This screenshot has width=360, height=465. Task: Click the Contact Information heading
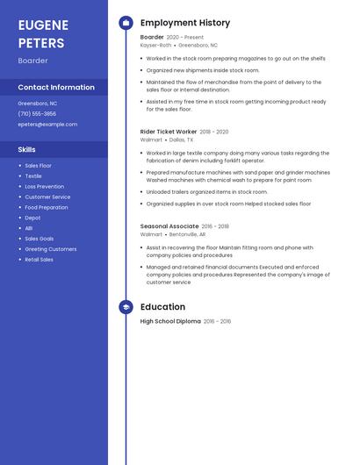(x=56, y=88)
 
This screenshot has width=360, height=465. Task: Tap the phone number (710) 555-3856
(x=37, y=114)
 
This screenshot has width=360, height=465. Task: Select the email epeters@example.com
(x=47, y=125)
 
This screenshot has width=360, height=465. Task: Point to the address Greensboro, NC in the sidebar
(x=38, y=104)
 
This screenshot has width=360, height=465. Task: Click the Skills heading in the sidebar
(x=27, y=150)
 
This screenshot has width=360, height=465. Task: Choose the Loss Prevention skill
(x=44, y=187)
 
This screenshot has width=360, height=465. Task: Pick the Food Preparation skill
(x=47, y=208)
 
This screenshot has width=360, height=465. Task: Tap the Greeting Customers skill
(x=50, y=249)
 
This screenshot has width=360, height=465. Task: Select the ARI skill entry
(x=29, y=228)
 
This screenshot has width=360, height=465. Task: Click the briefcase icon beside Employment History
(x=126, y=23)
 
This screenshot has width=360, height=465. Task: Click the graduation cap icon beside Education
(x=126, y=307)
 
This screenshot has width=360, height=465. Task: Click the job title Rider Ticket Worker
(x=169, y=132)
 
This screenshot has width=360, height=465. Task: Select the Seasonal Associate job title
(x=169, y=226)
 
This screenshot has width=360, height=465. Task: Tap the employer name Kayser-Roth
(x=156, y=45)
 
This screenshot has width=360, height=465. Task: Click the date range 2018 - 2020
(x=214, y=132)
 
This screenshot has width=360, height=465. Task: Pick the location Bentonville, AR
(x=187, y=234)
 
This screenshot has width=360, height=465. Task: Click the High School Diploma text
(x=170, y=322)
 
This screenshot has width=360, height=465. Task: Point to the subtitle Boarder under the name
(x=33, y=61)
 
